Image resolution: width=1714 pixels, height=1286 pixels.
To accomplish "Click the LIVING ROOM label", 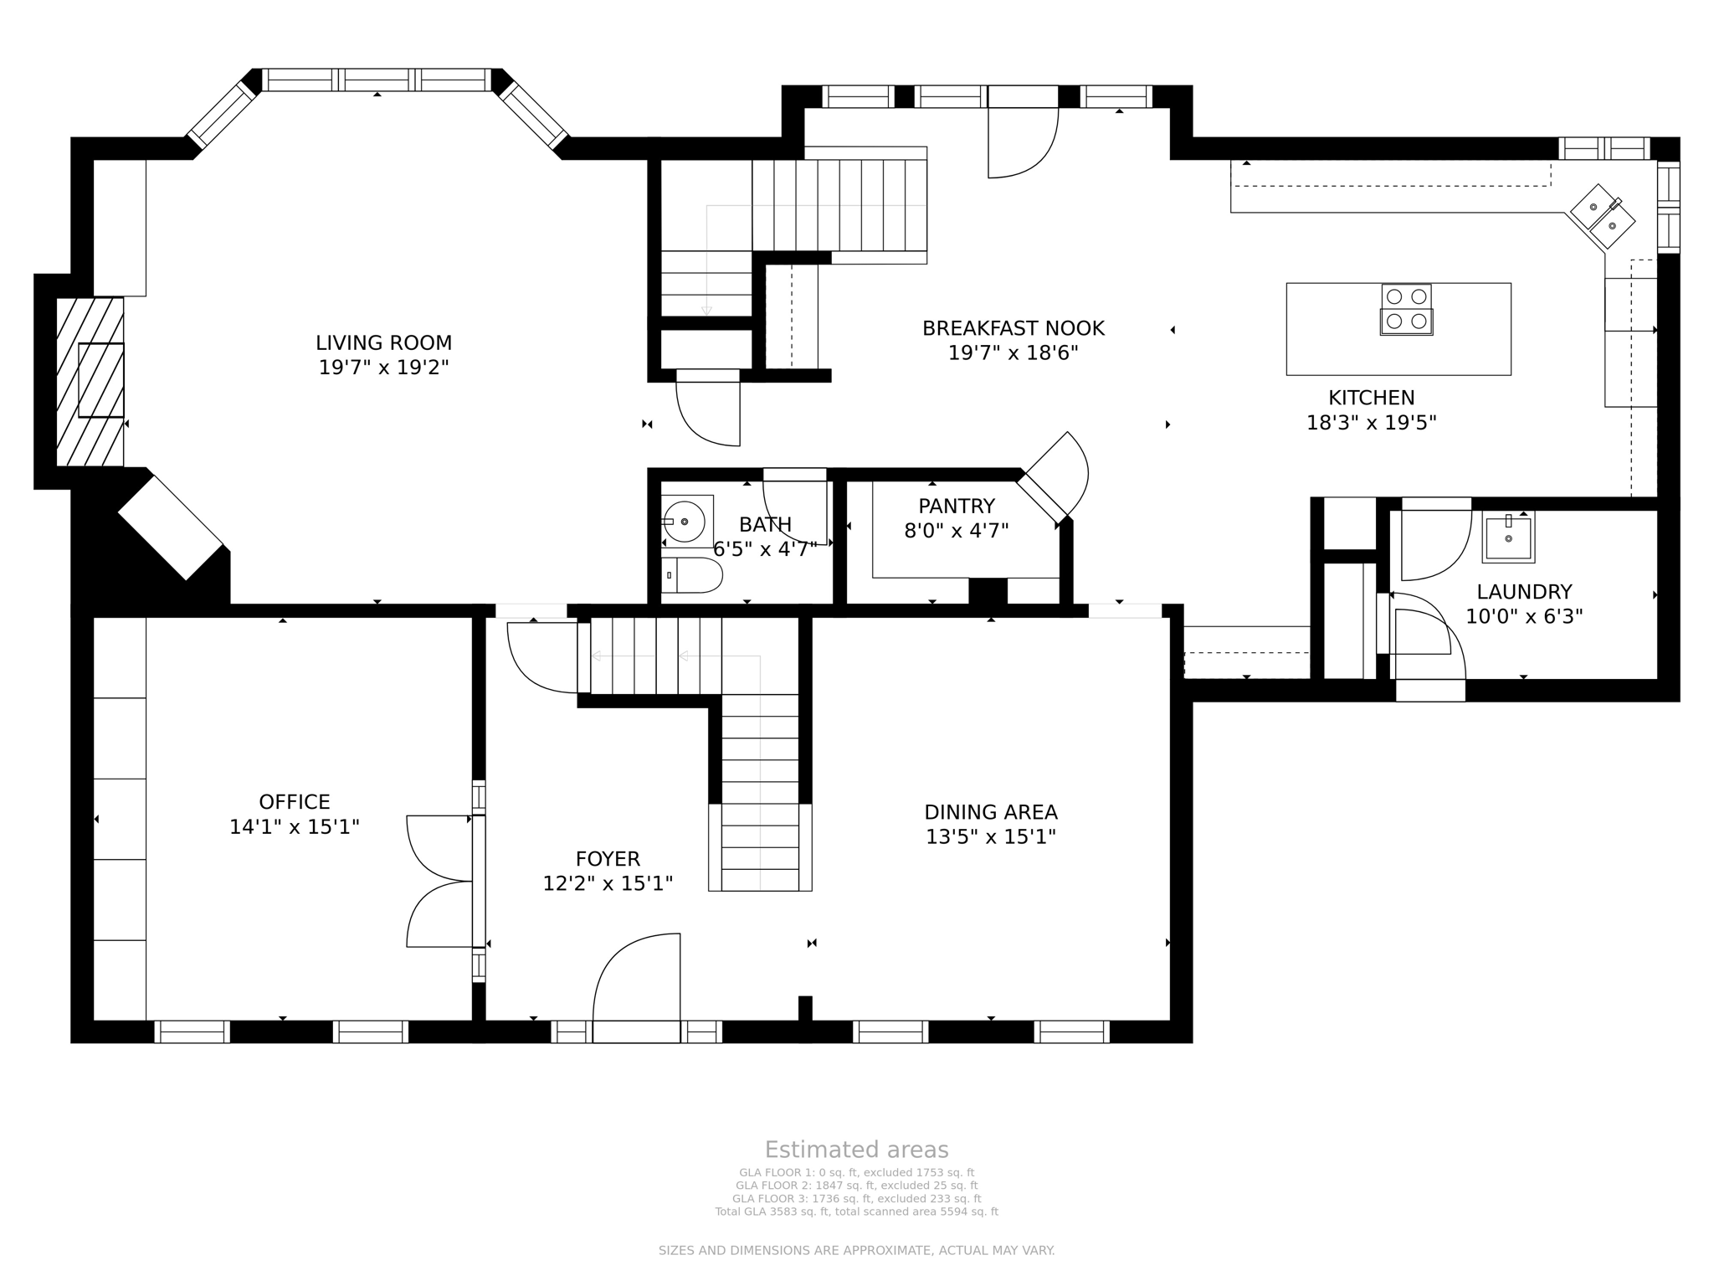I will point(383,343).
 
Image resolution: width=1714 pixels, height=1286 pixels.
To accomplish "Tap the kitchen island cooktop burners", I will point(1406,309).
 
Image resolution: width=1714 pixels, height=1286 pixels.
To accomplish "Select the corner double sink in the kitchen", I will point(1602,216).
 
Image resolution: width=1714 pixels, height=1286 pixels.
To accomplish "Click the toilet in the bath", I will point(691,575).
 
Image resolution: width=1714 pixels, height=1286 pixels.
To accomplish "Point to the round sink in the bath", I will point(685,522).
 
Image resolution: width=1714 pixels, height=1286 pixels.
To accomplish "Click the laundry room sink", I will point(1508,538).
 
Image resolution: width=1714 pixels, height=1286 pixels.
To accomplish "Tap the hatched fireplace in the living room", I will point(90,381).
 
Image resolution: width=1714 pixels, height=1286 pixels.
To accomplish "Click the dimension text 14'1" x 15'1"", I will point(295,827).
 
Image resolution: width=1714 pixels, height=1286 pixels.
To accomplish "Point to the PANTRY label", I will point(956,507).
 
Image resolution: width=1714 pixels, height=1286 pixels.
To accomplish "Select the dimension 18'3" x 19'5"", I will point(1371,423).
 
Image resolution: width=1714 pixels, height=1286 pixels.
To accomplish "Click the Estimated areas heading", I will point(856,1150).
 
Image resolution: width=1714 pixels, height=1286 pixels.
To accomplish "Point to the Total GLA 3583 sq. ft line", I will point(856,1211).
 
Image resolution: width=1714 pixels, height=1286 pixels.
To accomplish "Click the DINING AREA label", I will point(990,812).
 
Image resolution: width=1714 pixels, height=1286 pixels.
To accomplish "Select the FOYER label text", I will point(608,859).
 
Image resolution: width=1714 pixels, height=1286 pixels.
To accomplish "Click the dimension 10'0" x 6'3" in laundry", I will point(1523,617).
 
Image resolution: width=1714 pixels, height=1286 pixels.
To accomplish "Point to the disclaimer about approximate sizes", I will point(856,1251).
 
